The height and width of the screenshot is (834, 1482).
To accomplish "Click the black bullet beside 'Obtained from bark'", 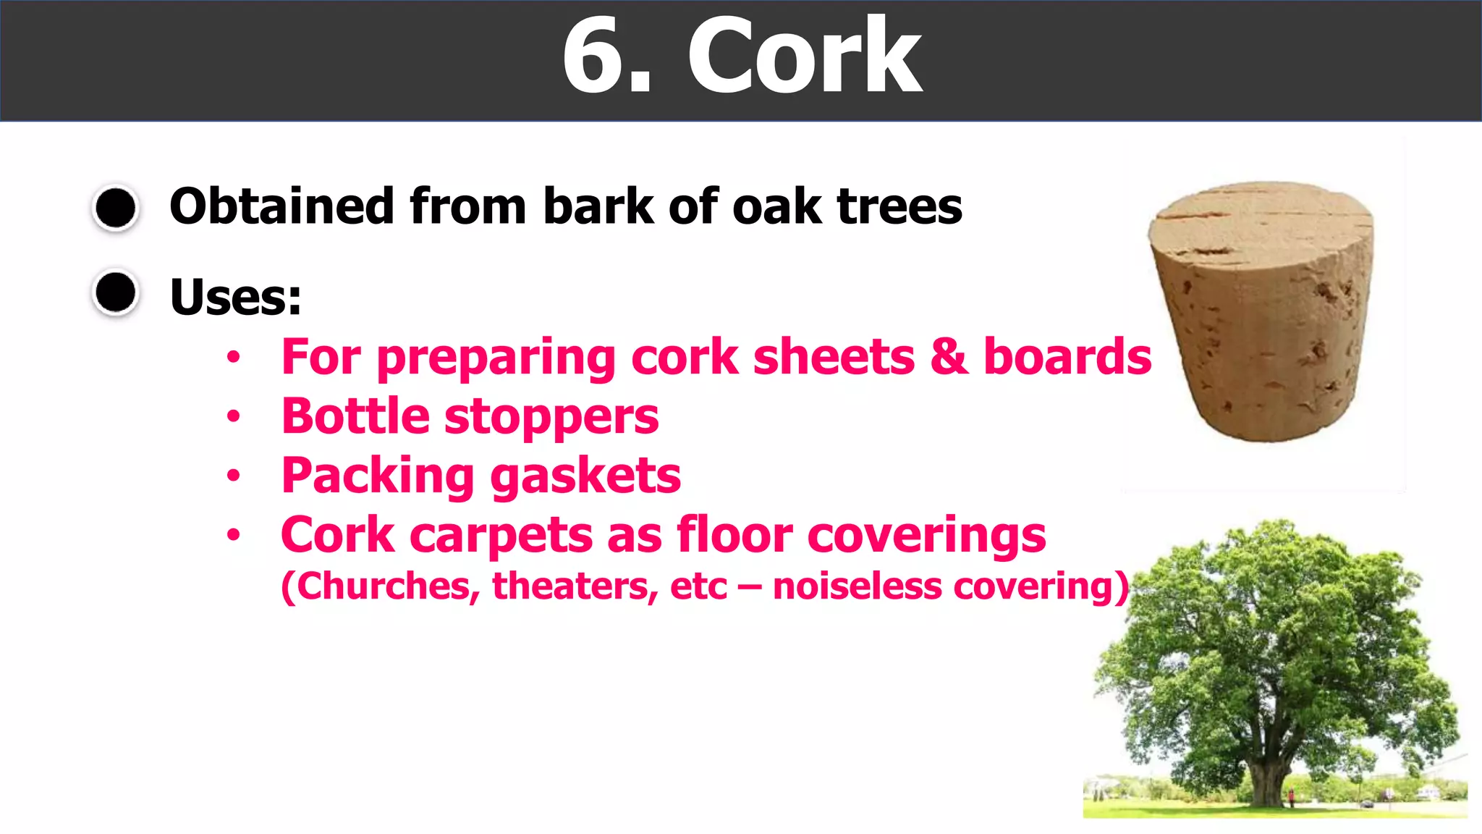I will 116,208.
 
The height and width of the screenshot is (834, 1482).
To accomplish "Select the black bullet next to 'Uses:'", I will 116,293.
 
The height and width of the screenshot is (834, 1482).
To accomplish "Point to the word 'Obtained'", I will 281,206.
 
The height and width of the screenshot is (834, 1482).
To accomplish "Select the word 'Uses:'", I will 235,297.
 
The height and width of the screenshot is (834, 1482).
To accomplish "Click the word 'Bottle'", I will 355,416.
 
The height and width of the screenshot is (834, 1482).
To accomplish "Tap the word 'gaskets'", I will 585,476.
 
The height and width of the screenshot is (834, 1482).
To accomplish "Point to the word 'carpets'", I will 500,536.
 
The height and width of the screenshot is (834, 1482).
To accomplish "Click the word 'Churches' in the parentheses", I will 383,586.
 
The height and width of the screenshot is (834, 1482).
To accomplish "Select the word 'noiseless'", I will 857,586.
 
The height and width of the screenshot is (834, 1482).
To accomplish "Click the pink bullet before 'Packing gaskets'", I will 233,476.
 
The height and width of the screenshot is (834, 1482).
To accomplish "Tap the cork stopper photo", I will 1262,311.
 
